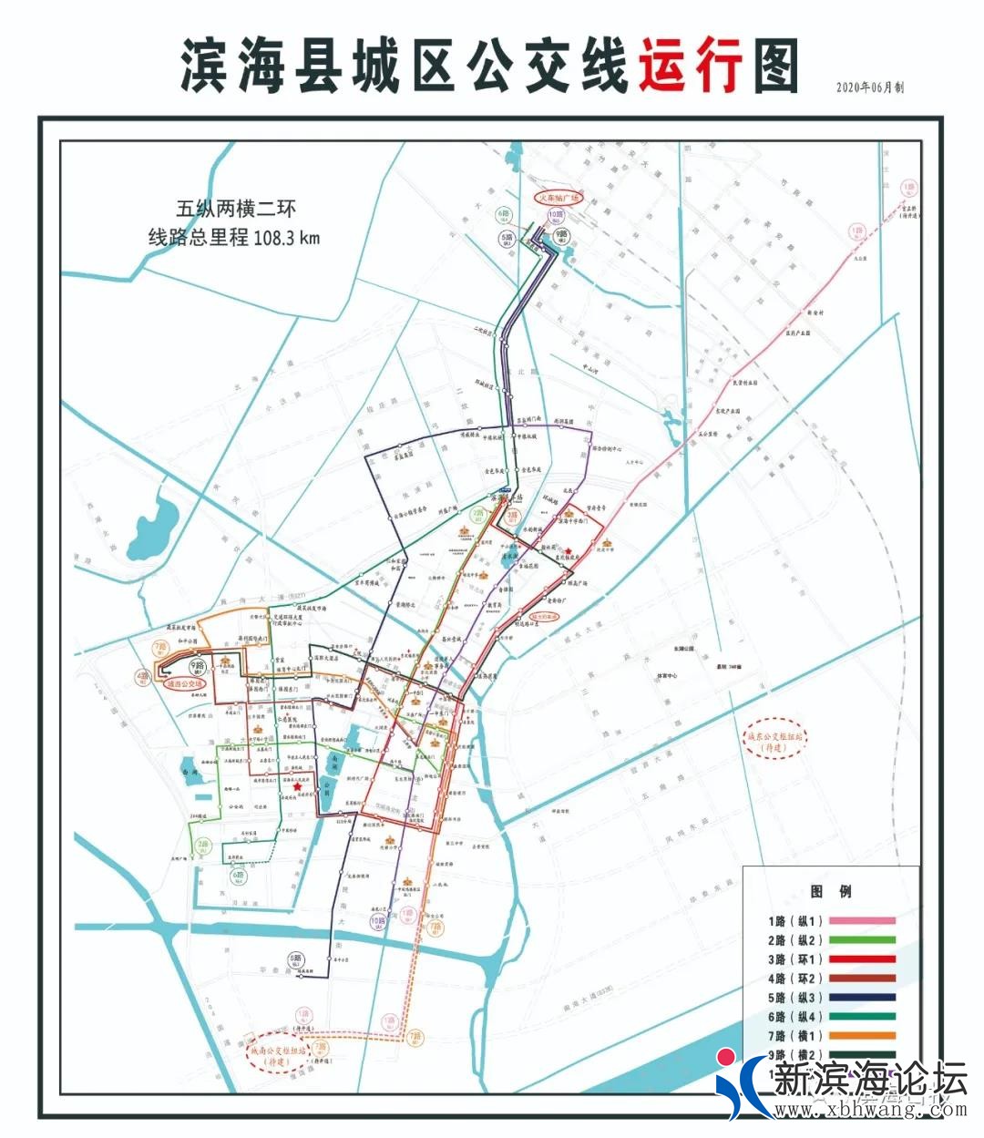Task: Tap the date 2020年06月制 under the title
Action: click(x=870, y=87)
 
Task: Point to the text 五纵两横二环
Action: click(x=237, y=209)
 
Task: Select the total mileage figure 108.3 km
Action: click(x=288, y=239)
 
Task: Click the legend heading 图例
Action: click(x=831, y=891)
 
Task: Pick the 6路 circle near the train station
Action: click(x=504, y=215)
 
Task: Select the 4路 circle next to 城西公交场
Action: click(x=143, y=676)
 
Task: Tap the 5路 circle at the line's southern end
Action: click(x=295, y=959)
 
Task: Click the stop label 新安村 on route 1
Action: click(x=815, y=313)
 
